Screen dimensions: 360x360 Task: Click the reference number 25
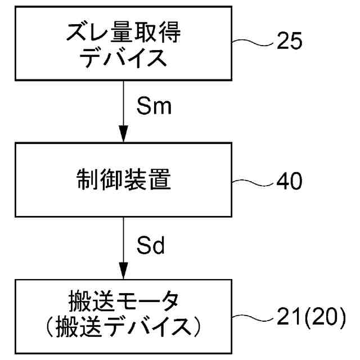[x=290, y=42]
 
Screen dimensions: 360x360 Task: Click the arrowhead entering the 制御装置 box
[x=123, y=138]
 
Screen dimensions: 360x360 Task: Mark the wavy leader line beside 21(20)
[x=256, y=318]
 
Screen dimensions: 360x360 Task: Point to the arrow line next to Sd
[x=123, y=242]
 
